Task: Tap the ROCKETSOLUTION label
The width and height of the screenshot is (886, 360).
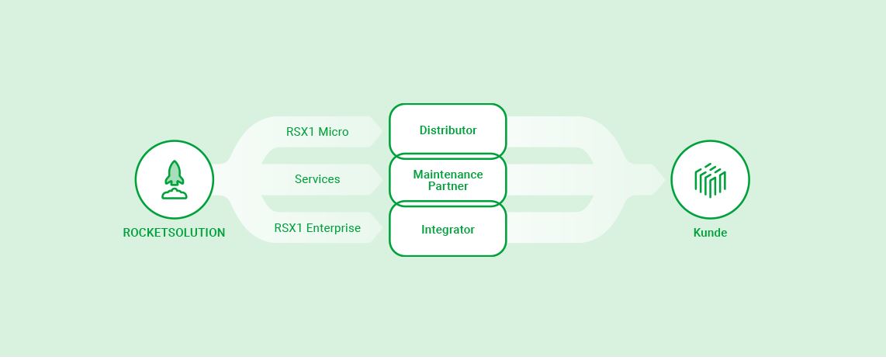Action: pyautogui.click(x=174, y=233)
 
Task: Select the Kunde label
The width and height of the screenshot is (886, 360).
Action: pyautogui.click(x=710, y=233)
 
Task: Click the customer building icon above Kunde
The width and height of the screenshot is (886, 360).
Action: pyautogui.click(x=710, y=180)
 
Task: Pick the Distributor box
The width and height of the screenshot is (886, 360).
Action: pyautogui.click(x=448, y=130)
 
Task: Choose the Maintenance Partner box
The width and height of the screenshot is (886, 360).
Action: pyautogui.click(x=448, y=180)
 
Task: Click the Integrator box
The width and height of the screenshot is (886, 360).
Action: pyautogui.click(x=448, y=230)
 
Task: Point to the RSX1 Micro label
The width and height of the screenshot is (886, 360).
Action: pyautogui.click(x=317, y=132)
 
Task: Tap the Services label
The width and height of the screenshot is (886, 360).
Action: pyautogui.click(x=317, y=179)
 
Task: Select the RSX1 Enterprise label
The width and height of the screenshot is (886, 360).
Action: pyautogui.click(x=317, y=228)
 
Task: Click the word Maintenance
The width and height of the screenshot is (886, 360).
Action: pyautogui.click(x=448, y=175)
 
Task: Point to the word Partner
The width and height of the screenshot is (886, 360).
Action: pyautogui.click(x=448, y=186)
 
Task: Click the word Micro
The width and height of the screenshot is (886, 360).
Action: pyautogui.click(x=333, y=132)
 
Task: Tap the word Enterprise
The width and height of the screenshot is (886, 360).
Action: pyautogui.click(x=334, y=228)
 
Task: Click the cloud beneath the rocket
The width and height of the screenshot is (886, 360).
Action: pyautogui.click(x=174, y=194)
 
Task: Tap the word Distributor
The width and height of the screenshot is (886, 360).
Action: pyautogui.click(x=448, y=130)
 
